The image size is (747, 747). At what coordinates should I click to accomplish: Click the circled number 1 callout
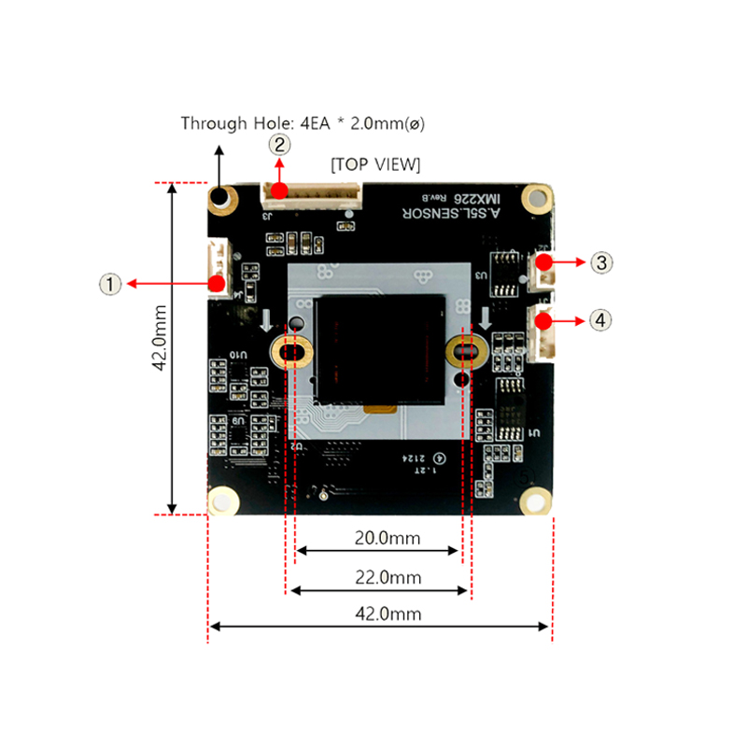(x=111, y=283)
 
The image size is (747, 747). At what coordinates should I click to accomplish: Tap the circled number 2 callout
(x=280, y=145)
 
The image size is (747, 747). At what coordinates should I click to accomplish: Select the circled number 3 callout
(x=602, y=262)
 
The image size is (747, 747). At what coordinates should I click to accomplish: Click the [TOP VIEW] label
(x=375, y=164)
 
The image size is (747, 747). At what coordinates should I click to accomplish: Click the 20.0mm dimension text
(x=379, y=538)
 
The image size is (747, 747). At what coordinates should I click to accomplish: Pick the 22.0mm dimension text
(x=379, y=578)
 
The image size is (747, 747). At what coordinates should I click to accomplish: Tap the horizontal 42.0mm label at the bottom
(x=379, y=613)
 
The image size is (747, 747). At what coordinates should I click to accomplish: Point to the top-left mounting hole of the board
(x=221, y=197)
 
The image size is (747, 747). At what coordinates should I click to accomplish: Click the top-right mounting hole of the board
(x=535, y=196)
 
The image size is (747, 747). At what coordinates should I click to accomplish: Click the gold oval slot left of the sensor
(x=292, y=352)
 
